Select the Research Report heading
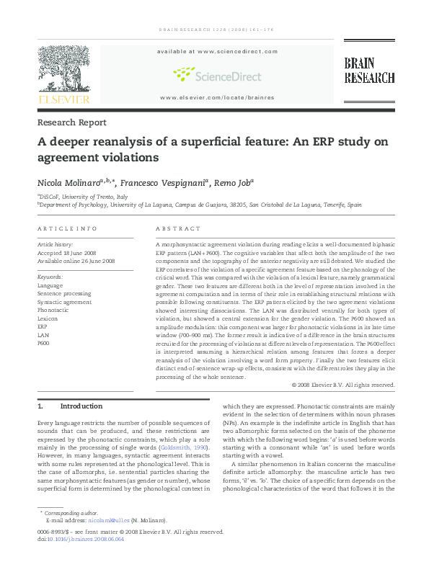tap(71, 122)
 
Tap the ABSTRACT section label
tap(178, 228)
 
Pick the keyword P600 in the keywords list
tap(43, 343)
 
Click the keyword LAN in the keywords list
tap(43, 335)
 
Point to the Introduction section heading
tap(81, 406)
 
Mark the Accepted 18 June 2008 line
tap(67, 253)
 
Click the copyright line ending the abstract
tap(343, 385)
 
